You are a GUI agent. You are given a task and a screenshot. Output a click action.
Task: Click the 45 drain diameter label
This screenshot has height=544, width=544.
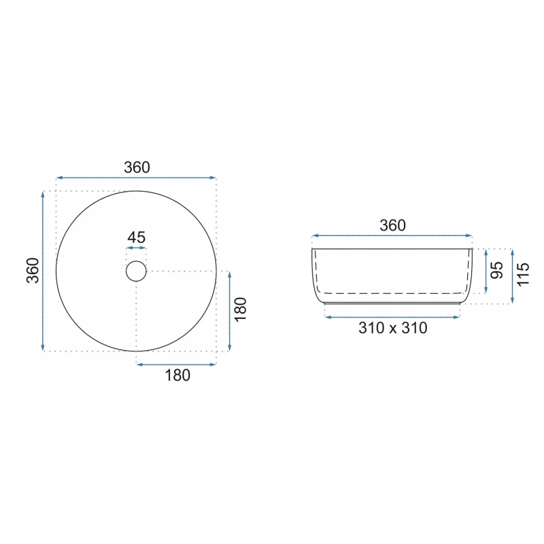point(137,237)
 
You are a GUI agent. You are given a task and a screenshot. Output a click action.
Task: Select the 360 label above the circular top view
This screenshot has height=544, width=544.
point(137,167)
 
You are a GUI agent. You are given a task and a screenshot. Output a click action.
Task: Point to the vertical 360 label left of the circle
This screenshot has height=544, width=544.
point(33,270)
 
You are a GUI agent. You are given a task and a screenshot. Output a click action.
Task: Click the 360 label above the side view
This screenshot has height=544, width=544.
point(392,226)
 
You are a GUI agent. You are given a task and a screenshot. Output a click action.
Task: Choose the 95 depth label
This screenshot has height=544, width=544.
point(497,270)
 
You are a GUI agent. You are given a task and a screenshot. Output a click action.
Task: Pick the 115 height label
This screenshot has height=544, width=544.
point(523,275)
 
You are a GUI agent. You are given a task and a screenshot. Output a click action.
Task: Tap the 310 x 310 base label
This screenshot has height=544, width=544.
point(393,328)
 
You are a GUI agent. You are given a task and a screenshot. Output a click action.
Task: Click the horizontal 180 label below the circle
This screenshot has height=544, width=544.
point(177,375)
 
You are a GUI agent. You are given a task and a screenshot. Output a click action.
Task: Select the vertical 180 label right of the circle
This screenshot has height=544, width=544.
point(240,309)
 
